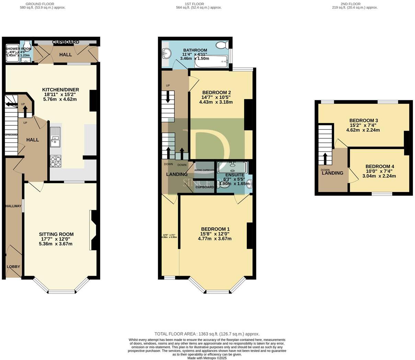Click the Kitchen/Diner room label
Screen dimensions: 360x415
[x=60, y=90]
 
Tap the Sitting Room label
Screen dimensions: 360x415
[x=56, y=234]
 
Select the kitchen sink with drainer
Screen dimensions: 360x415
[x=55, y=136]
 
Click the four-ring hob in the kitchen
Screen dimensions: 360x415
[x=56, y=161]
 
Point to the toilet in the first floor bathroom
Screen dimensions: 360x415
[x=222, y=45]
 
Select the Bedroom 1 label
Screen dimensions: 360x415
[x=215, y=229]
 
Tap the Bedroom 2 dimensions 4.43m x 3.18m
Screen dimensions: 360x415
[x=216, y=102]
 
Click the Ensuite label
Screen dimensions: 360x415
[x=234, y=175]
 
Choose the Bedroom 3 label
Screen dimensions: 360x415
[x=364, y=121]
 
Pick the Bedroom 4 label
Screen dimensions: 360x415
[x=380, y=167]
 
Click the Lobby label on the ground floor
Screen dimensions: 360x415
[x=13, y=267]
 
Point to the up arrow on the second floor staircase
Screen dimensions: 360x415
[x=325, y=159]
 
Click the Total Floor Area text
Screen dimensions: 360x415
[x=207, y=334]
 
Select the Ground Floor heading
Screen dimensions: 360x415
[x=43, y=4]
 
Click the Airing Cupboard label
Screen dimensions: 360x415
[x=205, y=170]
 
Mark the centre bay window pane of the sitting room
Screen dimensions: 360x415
[x=61, y=292]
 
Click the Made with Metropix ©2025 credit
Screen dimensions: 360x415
[x=207, y=358]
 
